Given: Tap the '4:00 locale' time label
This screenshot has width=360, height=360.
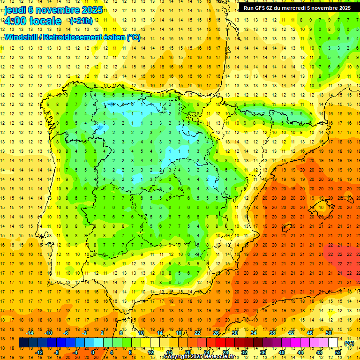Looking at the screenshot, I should click(x=32, y=21).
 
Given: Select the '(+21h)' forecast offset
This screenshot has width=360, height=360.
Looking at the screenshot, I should click(x=81, y=21).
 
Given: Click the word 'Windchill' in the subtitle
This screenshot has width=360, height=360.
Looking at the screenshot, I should click(x=21, y=37).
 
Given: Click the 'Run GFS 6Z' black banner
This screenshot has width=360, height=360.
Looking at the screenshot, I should click(x=297, y=8).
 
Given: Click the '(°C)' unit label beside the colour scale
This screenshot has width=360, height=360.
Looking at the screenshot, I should click(x=349, y=343).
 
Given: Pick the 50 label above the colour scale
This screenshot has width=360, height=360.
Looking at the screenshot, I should click(x=329, y=333).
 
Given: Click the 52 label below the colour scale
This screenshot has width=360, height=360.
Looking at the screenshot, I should click(x=338, y=352).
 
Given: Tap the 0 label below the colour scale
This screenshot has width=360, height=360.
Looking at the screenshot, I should click(x=93, y=352).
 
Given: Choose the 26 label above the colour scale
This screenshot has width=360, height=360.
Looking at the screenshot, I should click(x=216, y=333).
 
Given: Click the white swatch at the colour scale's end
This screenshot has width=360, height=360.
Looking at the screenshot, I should click(x=333, y=343).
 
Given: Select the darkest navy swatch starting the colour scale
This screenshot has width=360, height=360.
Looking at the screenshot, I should click(x=23, y=343).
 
